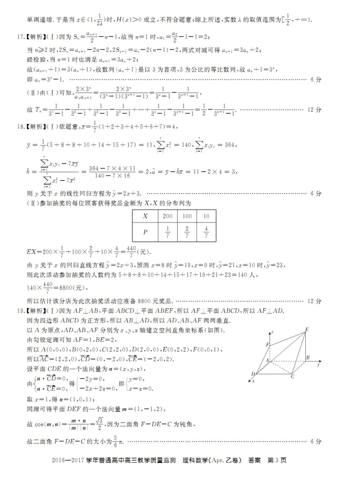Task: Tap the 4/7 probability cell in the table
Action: (206, 232)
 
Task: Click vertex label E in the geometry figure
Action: (307, 329)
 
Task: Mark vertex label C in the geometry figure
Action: (293, 377)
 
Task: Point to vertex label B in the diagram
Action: (308, 357)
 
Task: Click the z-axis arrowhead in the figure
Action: (273, 331)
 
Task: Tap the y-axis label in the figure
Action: (320, 364)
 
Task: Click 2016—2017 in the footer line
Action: (70, 461)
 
